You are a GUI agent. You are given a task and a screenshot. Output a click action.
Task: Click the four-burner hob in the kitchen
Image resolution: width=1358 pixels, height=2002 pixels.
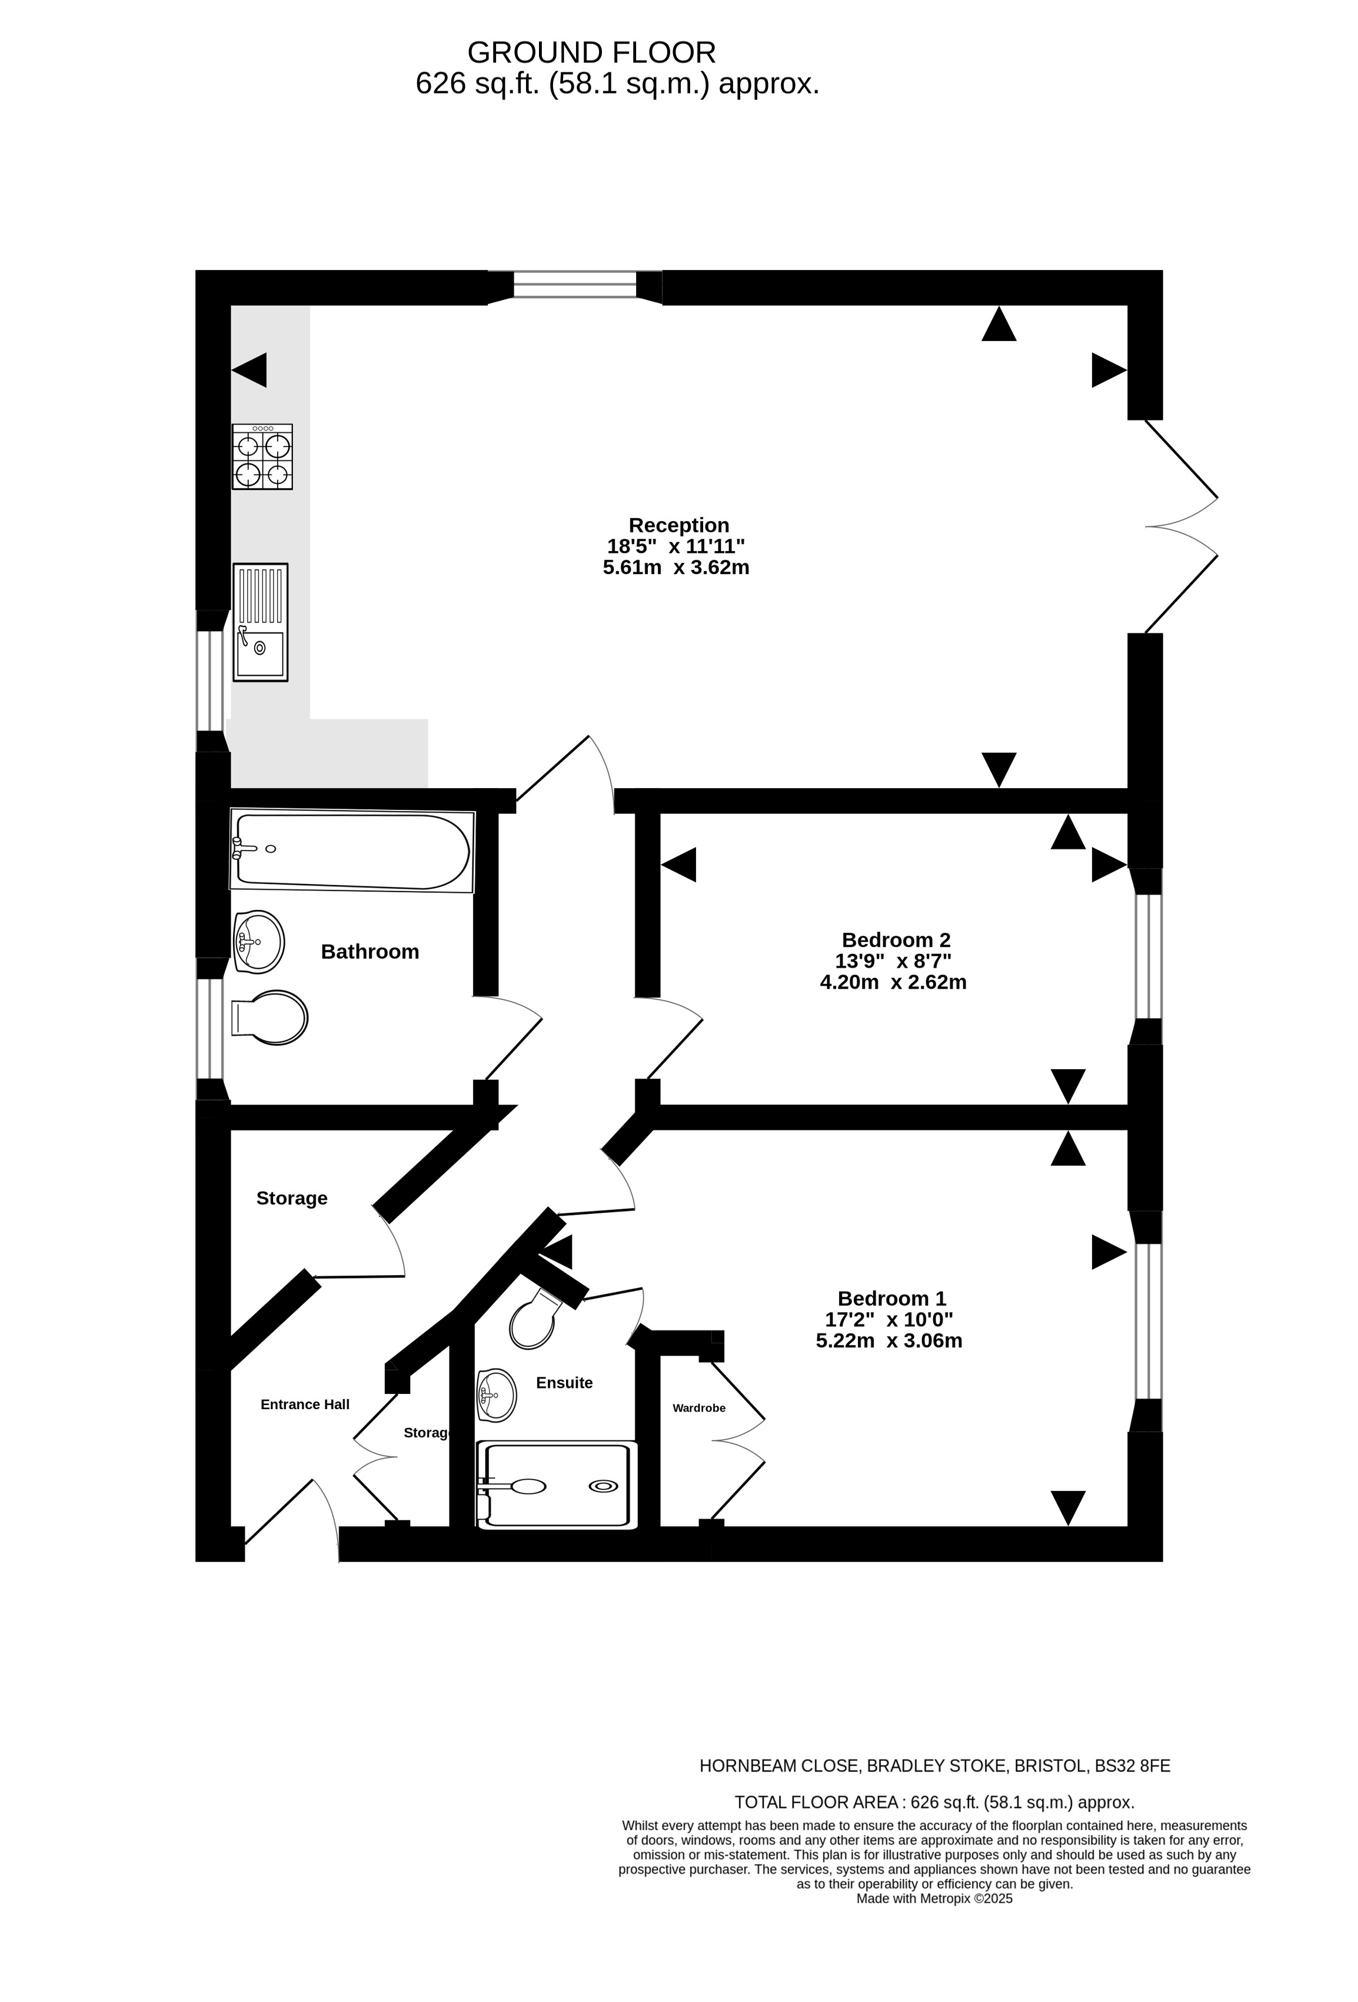262,456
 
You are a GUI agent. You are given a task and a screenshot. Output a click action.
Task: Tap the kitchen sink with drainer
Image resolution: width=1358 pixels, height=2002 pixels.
260,622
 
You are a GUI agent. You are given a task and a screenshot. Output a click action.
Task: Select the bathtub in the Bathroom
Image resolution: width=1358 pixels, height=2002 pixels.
352,850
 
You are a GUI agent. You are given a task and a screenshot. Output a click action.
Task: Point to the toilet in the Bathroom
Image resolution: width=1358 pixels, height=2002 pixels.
269,1017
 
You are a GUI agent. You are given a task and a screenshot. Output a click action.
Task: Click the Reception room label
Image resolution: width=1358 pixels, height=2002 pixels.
679,525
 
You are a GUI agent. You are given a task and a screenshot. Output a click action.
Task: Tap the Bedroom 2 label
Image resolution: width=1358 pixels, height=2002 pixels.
896,940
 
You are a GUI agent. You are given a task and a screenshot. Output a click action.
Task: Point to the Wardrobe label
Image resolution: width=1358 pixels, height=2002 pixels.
699,1407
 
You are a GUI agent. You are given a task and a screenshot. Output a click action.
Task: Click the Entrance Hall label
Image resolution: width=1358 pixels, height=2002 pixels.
305,1404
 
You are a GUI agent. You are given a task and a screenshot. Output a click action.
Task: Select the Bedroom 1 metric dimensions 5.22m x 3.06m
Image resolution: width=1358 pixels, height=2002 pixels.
889,1340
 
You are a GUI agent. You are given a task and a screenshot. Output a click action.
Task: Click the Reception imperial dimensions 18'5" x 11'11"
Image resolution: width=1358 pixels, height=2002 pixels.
677,546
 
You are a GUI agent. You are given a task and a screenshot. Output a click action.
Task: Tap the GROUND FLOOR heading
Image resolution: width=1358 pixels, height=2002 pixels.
592,52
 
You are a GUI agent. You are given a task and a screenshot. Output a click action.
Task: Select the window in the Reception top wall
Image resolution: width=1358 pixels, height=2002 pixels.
575,285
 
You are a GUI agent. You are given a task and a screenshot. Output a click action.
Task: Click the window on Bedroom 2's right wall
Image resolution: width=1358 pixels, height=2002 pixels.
1148,957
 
